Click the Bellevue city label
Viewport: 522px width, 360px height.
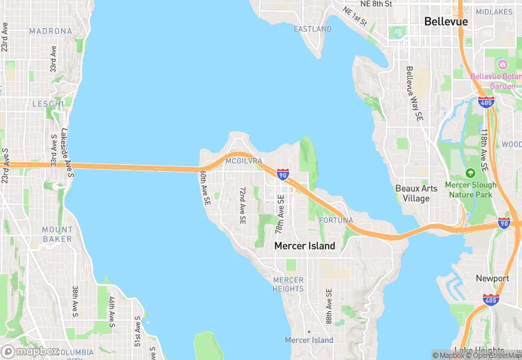click(446, 22)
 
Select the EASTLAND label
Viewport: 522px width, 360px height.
click(313, 30)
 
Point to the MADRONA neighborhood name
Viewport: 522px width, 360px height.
click(50, 32)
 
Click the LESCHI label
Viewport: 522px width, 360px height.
click(47, 104)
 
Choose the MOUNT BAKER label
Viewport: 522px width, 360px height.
click(57, 234)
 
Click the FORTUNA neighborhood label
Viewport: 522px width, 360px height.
click(336, 221)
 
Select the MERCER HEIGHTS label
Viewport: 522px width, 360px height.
click(288, 284)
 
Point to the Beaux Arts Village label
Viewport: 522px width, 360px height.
click(413, 193)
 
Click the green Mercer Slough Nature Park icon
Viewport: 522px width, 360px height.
click(470, 173)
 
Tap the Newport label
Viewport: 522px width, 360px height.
click(492, 278)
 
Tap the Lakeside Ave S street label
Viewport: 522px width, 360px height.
click(67, 149)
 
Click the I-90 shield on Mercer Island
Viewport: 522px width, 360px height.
click(282, 174)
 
